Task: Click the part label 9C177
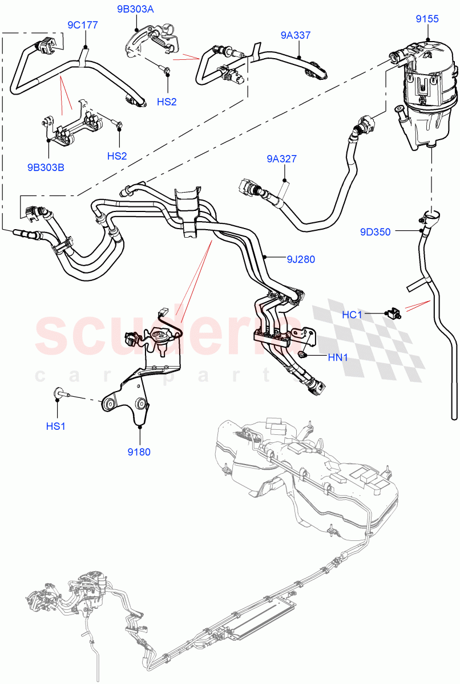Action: click(83, 25)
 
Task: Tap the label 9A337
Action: click(296, 35)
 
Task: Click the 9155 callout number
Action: click(427, 19)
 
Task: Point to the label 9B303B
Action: click(46, 168)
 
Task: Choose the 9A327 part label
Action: click(281, 159)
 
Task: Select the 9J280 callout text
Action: click(300, 259)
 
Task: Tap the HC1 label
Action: click(352, 314)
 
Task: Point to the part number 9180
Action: click(140, 452)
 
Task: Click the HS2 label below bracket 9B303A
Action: click(167, 101)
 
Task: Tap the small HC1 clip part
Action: click(393, 312)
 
